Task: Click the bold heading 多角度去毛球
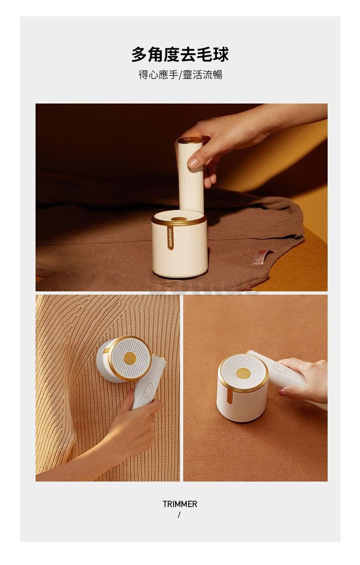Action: [x=180, y=54]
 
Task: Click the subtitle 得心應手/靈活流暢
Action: [x=180, y=75]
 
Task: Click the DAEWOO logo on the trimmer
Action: [x=170, y=238]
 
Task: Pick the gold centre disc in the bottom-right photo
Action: [x=242, y=373]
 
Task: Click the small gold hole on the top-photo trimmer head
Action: [x=179, y=219]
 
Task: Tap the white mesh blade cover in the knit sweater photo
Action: [x=130, y=358]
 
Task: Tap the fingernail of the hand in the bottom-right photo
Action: [x=282, y=393]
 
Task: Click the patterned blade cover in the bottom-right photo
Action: [x=243, y=373]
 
